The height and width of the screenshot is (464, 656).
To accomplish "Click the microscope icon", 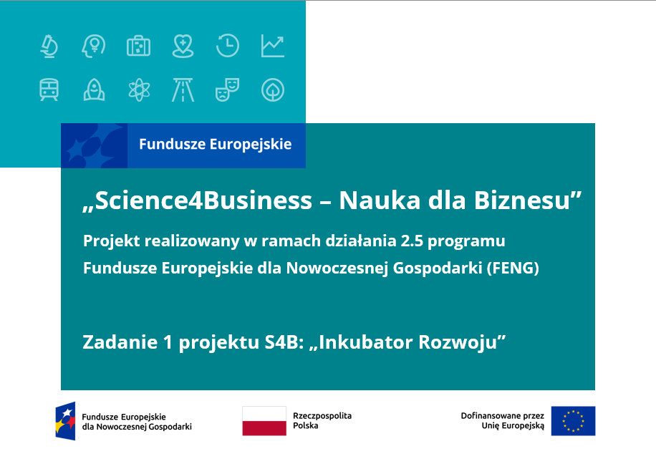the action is click(x=49, y=46).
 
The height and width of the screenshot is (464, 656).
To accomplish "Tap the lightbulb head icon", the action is click(x=94, y=46).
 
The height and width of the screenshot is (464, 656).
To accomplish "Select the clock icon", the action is click(x=228, y=46).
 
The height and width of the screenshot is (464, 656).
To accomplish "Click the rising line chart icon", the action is click(x=273, y=46).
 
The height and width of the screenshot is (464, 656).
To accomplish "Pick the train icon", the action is click(x=49, y=90).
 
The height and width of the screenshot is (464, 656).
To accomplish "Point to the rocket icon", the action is click(x=94, y=90).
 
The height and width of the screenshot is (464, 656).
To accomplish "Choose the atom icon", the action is click(x=139, y=90).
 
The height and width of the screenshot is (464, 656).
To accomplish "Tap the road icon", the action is click(x=183, y=90).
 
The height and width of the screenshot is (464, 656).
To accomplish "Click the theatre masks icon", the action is click(x=227, y=90).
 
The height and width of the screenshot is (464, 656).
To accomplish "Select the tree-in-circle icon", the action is click(x=273, y=90).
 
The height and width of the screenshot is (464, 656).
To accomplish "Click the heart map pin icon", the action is click(x=183, y=46).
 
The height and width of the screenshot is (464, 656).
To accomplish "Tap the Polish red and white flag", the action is click(x=264, y=421).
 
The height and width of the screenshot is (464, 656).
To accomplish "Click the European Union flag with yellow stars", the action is click(x=573, y=421).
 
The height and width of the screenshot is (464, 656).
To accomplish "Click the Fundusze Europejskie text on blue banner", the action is click(x=216, y=145).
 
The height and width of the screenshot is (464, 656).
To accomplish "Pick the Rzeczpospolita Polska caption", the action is click(x=322, y=420).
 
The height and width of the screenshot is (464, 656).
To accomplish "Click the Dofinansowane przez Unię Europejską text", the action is click(x=503, y=421).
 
